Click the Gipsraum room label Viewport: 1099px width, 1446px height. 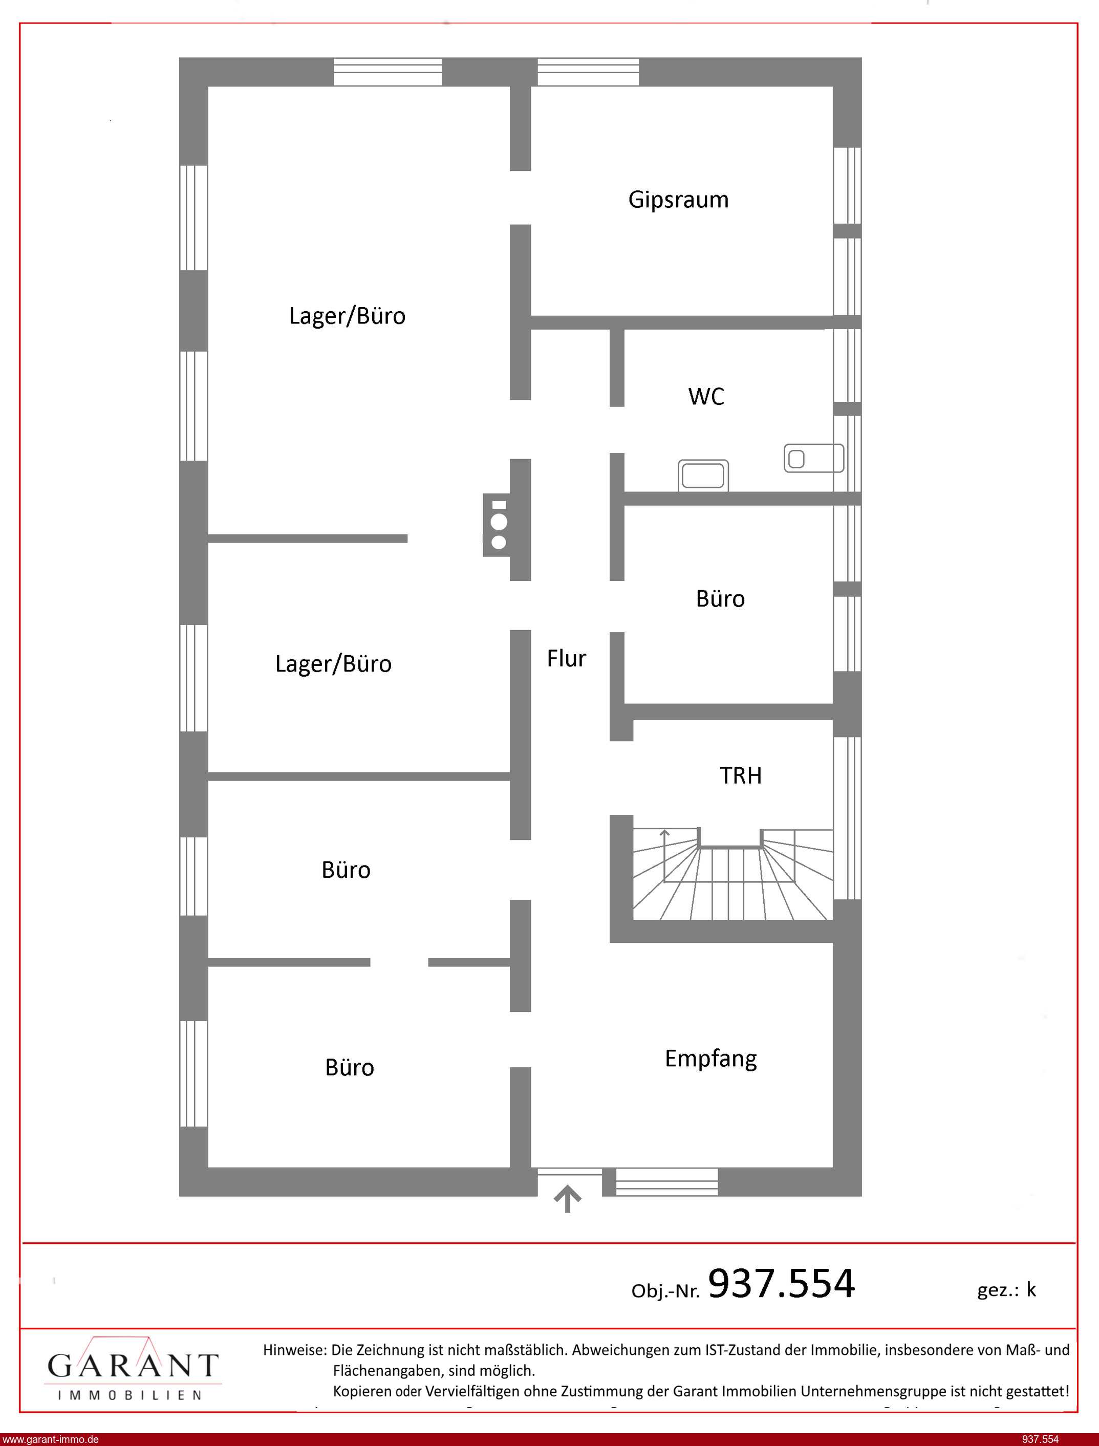pos(678,200)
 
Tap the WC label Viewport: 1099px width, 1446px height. pos(706,396)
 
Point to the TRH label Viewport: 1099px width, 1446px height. pos(741,775)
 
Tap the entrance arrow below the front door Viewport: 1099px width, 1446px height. pos(568,1199)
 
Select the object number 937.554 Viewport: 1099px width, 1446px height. pos(782,1283)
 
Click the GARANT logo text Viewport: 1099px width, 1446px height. pos(133,1365)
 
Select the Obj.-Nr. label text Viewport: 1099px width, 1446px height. pos(665,1291)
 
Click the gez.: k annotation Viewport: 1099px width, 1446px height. pos(1007,1290)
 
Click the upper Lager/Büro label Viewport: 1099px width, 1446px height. pos(348,316)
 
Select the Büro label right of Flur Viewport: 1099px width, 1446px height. pos(720,598)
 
